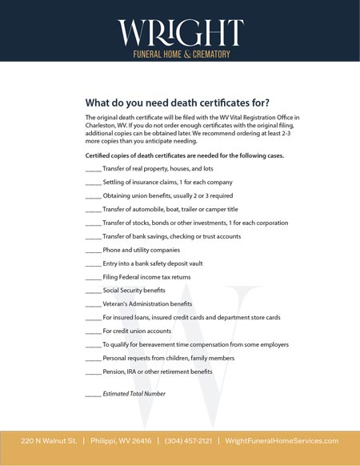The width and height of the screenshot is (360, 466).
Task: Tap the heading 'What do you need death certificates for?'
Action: point(177,102)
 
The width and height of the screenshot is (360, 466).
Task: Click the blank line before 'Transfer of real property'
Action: point(93,169)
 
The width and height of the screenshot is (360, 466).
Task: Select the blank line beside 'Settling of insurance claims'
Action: point(93,183)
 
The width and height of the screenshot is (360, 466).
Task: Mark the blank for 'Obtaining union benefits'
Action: point(93,196)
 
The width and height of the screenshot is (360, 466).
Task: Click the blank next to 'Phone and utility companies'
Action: point(93,250)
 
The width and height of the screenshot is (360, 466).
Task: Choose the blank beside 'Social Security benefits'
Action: point(93,291)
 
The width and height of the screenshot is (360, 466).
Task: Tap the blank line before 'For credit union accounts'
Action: point(93,331)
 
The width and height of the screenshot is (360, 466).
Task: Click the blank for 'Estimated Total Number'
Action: point(93,394)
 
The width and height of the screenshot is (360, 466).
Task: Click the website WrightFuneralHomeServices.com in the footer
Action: point(282,441)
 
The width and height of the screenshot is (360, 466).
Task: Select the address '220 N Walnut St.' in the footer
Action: point(49,441)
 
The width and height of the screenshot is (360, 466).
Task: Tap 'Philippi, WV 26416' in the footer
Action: point(120,441)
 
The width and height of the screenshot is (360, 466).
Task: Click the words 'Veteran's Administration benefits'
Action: point(147,304)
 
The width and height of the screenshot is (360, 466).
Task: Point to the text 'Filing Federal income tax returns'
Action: point(146,277)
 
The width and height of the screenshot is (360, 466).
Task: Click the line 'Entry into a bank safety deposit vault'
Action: point(152,263)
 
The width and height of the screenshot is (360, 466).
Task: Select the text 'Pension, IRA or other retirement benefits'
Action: point(158,372)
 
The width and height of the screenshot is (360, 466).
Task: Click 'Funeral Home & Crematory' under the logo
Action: point(180,54)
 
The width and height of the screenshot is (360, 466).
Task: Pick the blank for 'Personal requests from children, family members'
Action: point(93,358)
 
